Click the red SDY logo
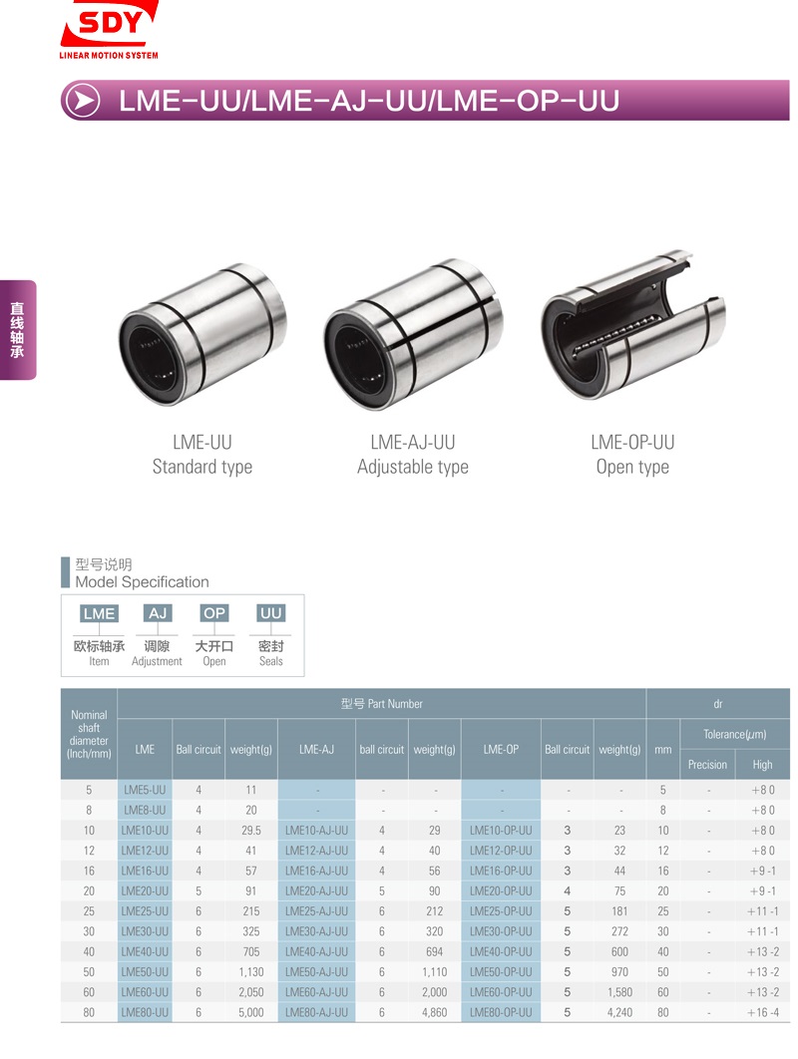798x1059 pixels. click(x=110, y=30)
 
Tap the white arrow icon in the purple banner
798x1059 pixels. click(x=83, y=101)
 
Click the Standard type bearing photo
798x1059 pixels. click(x=202, y=334)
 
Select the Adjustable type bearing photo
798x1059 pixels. click(x=413, y=334)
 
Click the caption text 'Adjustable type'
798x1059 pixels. click(x=413, y=467)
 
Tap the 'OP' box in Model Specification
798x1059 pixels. click(x=214, y=613)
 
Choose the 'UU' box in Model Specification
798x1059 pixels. click(x=271, y=613)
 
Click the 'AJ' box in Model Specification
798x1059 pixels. click(x=158, y=613)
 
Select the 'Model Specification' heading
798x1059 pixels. click(x=142, y=581)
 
